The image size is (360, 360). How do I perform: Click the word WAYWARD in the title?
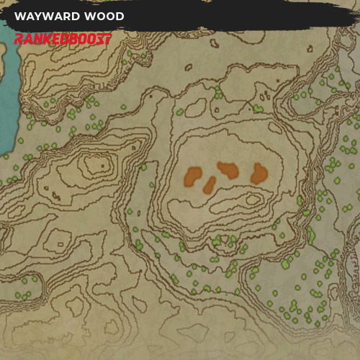(x=48, y=17)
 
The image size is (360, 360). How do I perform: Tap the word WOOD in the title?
(x=104, y=17)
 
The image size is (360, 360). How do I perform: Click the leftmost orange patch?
(x=193, y=176)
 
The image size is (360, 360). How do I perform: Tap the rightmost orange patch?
(x=259, y=173)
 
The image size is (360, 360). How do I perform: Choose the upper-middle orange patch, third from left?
(x=228, y=170)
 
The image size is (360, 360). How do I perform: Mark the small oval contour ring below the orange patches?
(x=253, y=199)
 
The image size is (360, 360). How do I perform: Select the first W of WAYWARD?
(x=19, y=17)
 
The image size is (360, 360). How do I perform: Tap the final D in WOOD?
(x=120, y=17)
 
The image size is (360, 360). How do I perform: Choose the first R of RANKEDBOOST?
(x=18, y=38)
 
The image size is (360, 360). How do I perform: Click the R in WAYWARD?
(x=67, y=17)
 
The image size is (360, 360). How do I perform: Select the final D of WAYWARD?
(x=76, y=17)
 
